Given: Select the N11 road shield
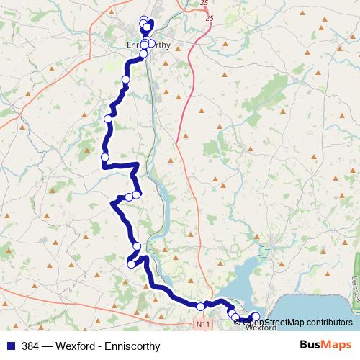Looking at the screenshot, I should tap(202, 325).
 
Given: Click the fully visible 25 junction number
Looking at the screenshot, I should tap(209, 17).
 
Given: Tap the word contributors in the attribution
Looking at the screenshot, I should tap(329, 322).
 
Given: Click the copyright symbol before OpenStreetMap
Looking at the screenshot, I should tap(236, 322).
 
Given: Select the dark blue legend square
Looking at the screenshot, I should tap(9, 346).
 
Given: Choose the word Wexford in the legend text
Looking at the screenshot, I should tap(79, 346).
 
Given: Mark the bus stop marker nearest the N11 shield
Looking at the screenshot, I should tap(201, 307).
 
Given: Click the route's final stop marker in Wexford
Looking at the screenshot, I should tap(256, 316).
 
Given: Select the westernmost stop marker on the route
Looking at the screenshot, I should tap(105, 157).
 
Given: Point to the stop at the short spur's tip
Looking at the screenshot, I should tap(131, 264).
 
